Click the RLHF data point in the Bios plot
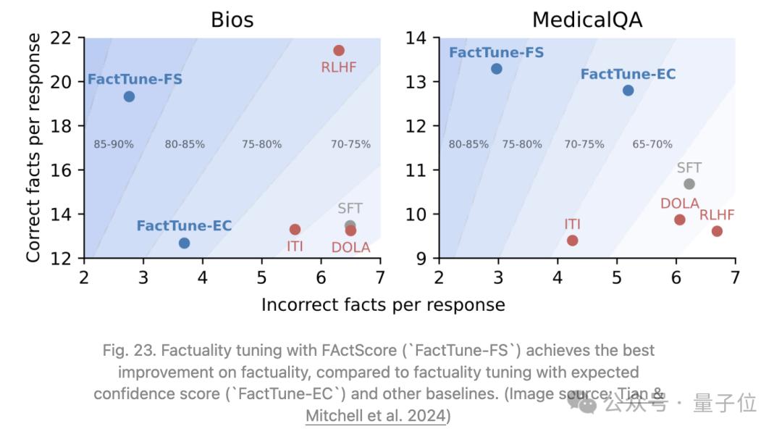339,50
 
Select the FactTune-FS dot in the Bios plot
129,96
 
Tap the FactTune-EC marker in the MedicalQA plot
628,91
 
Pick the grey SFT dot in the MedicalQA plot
689,184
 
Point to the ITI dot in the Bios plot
295,229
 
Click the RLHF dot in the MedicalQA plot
717,231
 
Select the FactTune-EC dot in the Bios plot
184,243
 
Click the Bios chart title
232,20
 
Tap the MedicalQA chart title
586,20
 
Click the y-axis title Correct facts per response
34,148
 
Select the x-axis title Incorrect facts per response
383,305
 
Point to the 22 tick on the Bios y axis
64,38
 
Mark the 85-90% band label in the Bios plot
114,144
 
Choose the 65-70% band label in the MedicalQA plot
652,144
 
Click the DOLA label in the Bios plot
350,248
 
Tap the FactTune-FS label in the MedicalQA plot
496,53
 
